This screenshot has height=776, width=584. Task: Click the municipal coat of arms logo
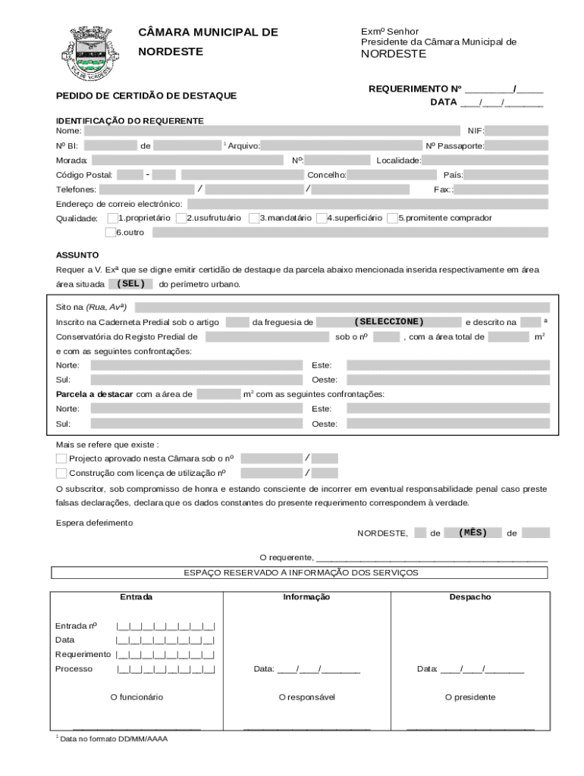[x=90, y=52]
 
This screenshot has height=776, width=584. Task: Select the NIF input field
[x=516, y=131]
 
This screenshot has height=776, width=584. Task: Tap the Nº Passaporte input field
[x=516, y=145]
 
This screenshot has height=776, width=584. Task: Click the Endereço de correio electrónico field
[x=367, y=204]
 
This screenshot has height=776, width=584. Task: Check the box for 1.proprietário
[x=111, y=218]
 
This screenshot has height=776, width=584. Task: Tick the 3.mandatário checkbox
[x=253, y=218]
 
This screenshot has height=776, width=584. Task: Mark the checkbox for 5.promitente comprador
[x=392, y=218]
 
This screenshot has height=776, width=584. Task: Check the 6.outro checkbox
[x=111, y=232]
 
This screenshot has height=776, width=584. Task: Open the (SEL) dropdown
[x=130, y=284]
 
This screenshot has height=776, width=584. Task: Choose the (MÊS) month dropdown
[x=473, y=533]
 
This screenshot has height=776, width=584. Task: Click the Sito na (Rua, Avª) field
[x=342, y=307]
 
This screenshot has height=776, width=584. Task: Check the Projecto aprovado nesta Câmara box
[x=61, y=458]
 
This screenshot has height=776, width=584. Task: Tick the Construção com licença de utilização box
[x=61, y=473]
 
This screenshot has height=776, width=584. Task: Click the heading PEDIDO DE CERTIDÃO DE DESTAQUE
[x=146, y=95]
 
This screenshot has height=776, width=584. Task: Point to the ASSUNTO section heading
[x=77, y=255]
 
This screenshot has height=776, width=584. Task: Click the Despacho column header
[x=469, y=597]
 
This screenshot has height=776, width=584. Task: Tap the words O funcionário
[x=137, y=696]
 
